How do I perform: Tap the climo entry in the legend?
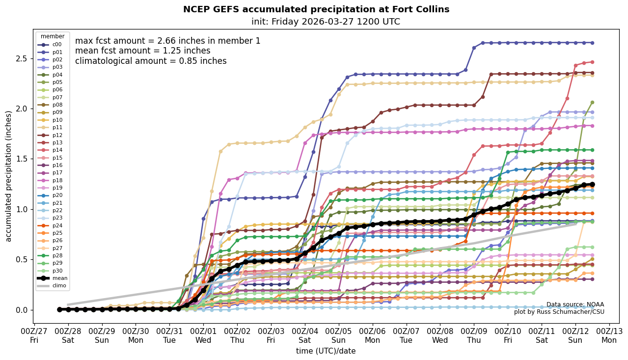(59, 285)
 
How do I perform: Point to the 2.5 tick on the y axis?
(21, 59)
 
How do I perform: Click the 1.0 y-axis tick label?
(21, 209)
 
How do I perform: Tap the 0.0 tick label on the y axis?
(21, 310)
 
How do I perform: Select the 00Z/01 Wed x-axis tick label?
(203, 335)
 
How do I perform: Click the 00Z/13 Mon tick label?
(609, 335)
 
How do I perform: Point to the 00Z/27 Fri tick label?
(34, 335)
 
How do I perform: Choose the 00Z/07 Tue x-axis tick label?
(406, 335)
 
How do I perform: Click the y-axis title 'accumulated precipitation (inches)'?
(8, 176)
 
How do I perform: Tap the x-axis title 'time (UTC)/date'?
(326, 351)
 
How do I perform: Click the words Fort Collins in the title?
(424, 9)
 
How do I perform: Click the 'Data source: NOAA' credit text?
(575, 305)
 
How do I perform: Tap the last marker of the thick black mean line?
(592, 185)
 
